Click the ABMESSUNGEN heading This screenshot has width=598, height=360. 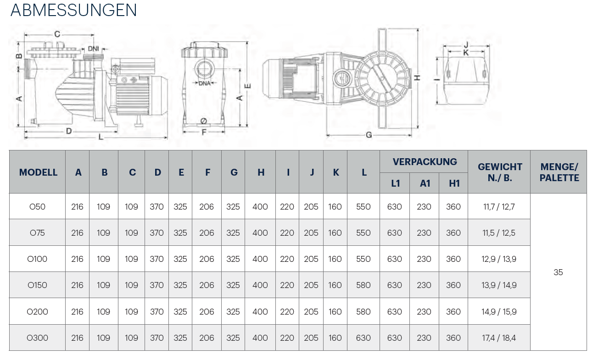[73, 10]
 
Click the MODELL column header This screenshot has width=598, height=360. [38, 172]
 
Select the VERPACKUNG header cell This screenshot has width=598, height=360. [425, 161]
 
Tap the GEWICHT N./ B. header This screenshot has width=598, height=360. [500, 172]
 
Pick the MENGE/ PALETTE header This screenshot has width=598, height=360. [559, 172]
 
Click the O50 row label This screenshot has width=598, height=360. [37, 207]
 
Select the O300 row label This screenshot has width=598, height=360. [37, 338]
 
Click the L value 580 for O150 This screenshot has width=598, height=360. [363, 285]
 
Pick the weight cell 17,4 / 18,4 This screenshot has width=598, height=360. [499, 338]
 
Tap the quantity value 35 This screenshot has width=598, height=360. [558, 272]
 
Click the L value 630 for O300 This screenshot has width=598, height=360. [363, 338]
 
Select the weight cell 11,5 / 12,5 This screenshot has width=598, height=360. [499, 233]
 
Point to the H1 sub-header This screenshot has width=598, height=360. [454, 183]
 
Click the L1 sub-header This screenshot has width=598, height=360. [395, 183]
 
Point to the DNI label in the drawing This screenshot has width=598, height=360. [94, 49]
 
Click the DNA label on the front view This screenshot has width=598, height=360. [205, 83]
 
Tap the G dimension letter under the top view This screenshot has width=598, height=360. [369, 135]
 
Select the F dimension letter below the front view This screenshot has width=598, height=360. [204, 132]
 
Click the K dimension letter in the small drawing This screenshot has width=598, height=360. [466, 53]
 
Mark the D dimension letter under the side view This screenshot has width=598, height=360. [69, 131]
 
